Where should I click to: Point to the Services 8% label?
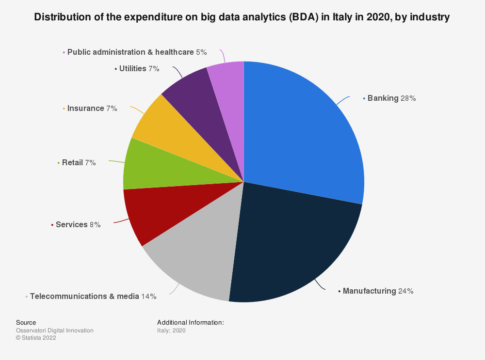(x=78, y=225)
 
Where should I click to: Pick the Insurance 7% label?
(x=92, y=109)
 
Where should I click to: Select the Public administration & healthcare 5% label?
(x=137, y=52)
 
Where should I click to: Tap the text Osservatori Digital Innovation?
(x=55, y=330)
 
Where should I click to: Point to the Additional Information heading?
(x=191, y=323)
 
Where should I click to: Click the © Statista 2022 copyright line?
(x=36, y=338)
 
